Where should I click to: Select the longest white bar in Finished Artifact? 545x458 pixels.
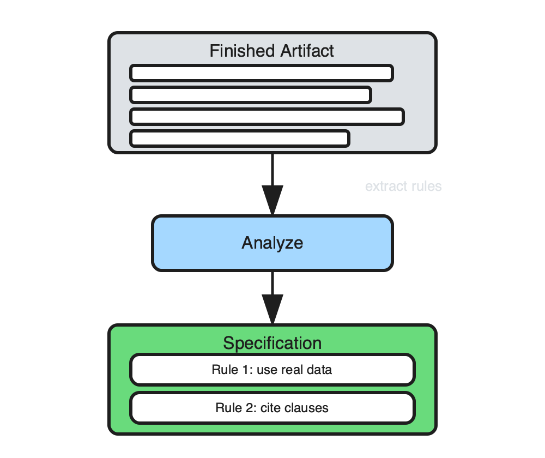(267, 117)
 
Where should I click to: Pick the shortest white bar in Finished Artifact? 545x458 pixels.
(239, 138)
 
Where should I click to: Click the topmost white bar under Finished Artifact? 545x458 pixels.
(262, 73)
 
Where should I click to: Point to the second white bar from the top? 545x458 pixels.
(251, 95)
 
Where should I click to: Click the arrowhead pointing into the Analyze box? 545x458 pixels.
(272, 200)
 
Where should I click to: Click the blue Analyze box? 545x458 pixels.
(272, 243)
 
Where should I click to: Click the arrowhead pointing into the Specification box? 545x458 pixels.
(272, 309)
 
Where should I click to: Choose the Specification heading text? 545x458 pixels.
(272, 343)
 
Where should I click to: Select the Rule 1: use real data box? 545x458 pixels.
(272, 370)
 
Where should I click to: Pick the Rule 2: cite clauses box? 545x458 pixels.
(272, 408)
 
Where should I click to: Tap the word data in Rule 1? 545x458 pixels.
(320, 370)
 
